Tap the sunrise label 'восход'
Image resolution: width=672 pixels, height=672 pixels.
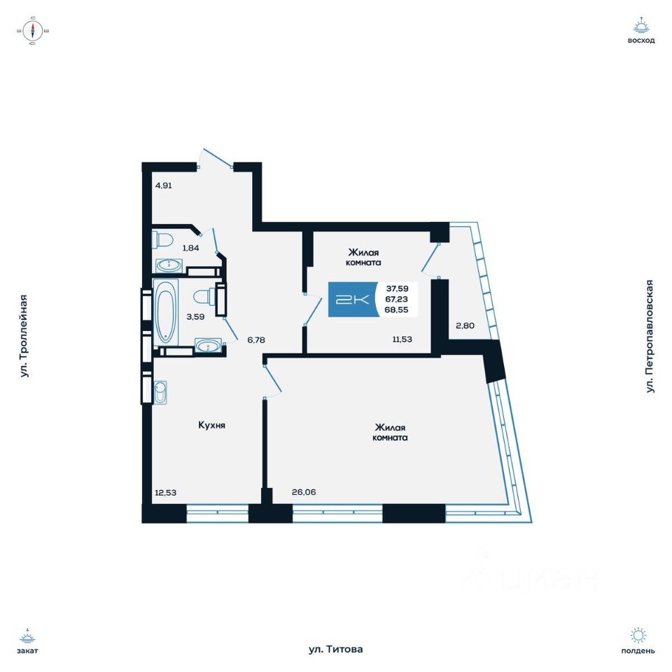(x=641, y=41)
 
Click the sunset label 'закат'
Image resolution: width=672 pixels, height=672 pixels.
(x=27, y=650)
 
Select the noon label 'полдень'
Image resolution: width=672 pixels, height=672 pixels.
(x=638, y=650)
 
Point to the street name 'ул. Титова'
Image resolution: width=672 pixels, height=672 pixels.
(x=336, y=650)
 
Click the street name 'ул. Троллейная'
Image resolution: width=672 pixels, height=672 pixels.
(x=24, y=336)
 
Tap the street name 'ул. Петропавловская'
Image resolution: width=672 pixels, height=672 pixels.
(x=650, y=336)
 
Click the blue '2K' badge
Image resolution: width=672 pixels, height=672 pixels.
(x=353, y=300)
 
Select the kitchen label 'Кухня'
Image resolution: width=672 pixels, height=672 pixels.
(x=211, y=425)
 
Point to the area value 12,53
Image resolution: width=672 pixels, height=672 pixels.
(x=166, y=492)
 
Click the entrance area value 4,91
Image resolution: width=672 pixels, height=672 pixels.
(x=163, y=185)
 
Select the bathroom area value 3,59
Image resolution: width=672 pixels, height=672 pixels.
(x=195, y=316)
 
